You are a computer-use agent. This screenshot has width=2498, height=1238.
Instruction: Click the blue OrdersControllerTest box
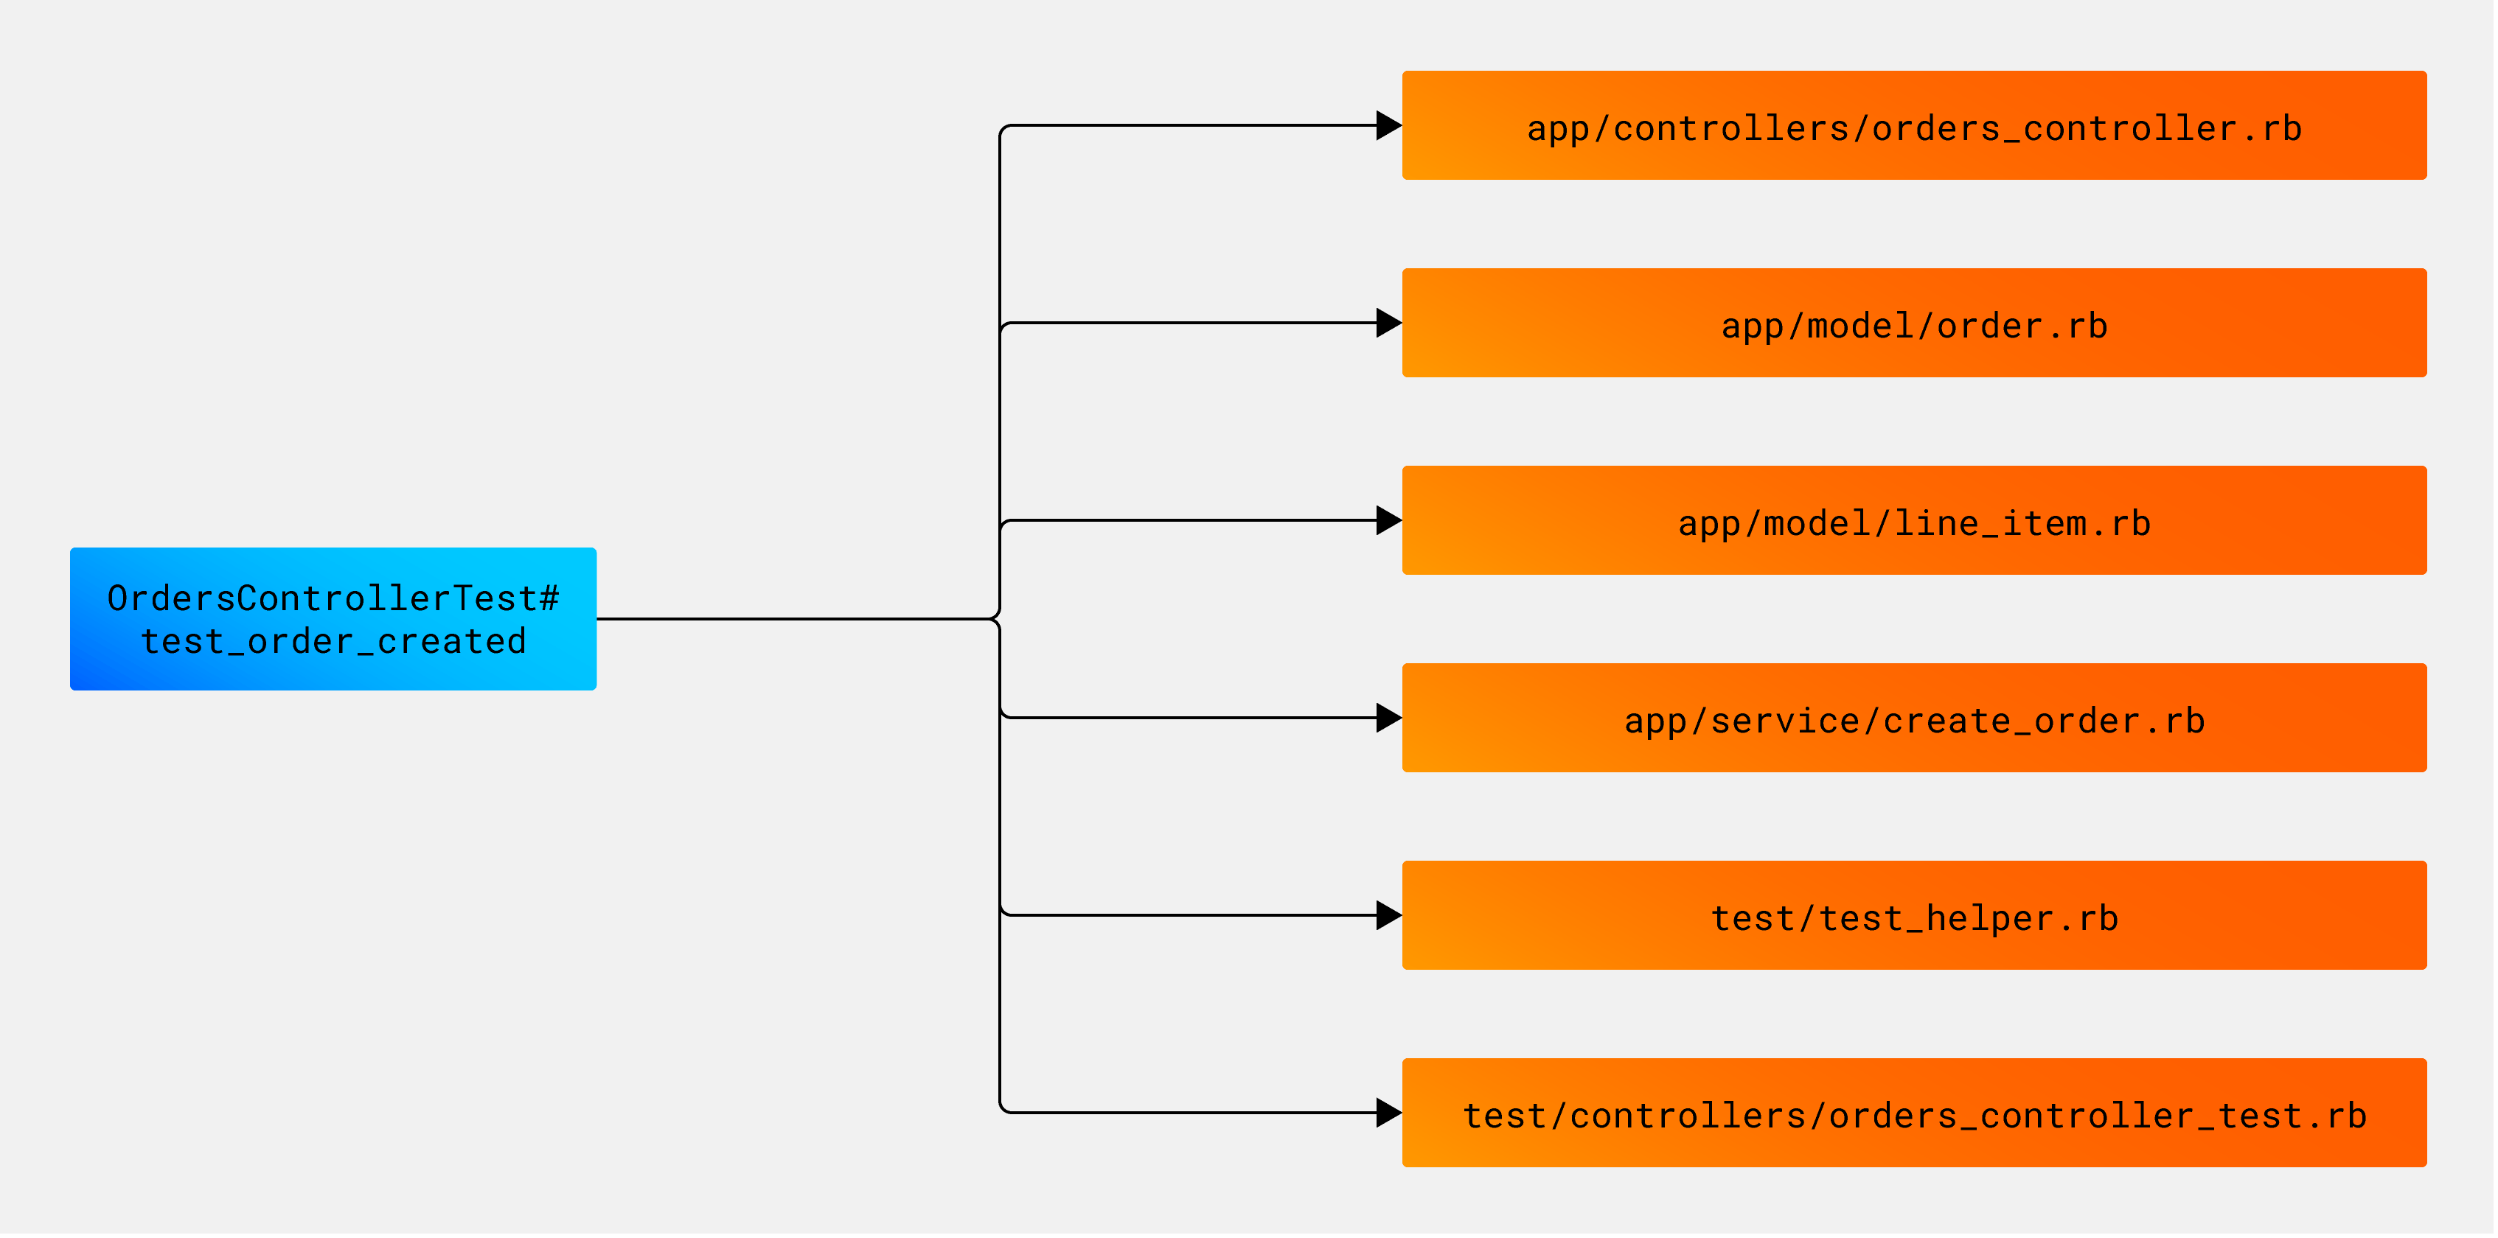coord(333,618)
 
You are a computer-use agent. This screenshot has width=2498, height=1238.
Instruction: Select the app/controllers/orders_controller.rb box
coord(1913,125)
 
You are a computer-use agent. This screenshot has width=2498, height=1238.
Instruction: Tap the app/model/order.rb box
coord(1913,323)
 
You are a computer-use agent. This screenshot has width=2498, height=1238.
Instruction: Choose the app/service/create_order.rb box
coord(1913,718)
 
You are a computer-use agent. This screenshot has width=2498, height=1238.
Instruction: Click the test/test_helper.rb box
coord(1913,915)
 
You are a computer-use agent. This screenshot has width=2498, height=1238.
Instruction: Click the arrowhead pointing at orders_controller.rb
coord(1388,125)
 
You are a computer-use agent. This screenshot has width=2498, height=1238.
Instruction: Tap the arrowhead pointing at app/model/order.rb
coord(1388,323)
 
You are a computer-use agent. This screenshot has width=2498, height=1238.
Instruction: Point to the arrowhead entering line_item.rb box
coord(1388,520)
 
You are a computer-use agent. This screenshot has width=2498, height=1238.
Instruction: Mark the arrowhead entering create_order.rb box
coord(1388,718)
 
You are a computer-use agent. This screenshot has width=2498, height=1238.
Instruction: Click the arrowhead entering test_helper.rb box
coord(1388,915)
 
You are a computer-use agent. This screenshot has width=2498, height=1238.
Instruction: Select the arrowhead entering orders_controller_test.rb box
coord(1388,1113)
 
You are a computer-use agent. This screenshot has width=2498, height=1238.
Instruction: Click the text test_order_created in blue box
coord(333,642)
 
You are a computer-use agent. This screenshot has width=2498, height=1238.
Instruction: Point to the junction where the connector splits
coord(998,618)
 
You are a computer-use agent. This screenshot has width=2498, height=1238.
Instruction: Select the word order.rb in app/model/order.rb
coord(2022,326)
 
